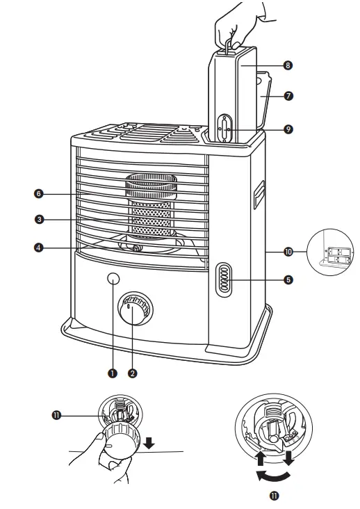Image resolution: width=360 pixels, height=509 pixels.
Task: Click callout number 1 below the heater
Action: tap(112, 373)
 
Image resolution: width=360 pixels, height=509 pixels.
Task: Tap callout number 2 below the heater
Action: tap(133, 373)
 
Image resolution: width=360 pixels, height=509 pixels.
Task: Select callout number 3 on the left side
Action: tap(40, 219)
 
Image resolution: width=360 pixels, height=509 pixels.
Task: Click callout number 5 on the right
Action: tap(288, 280)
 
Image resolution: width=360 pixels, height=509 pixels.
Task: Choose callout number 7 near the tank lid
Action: tap(288, 96)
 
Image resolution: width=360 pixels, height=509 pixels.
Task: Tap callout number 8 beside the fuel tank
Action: tap(288, 65)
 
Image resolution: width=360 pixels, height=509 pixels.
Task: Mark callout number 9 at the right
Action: tap(288, 129)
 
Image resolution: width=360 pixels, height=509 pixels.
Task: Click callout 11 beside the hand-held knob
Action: tap(56, 415)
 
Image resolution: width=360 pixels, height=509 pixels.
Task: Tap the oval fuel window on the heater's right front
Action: tap(224, 280)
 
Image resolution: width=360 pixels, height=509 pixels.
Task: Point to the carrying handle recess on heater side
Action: tap(259, 194)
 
